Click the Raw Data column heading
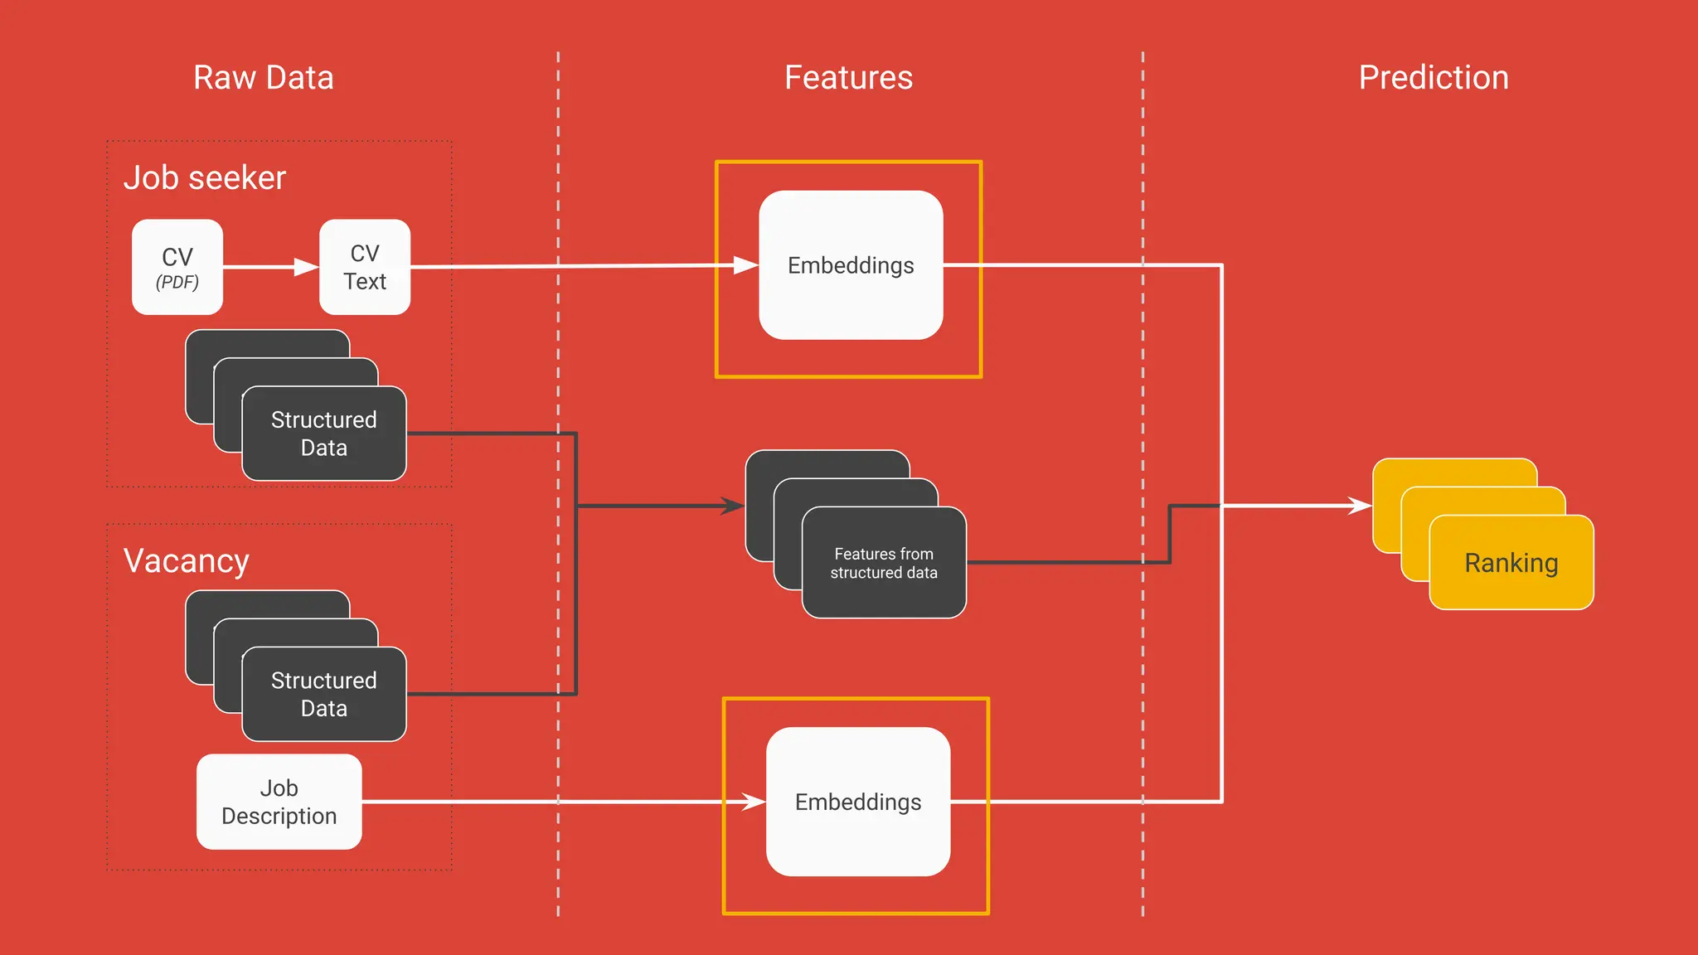point(263,78)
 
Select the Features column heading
point(848,78)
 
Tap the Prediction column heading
point(1433,78)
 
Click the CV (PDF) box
point(177,266)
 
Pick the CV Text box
point(365,266)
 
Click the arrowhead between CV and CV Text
point(307,267)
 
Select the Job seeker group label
point(205,178)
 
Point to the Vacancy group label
point(186,561)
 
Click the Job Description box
point(279,802)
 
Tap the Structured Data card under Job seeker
point(323,434)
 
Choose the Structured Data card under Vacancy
point(323,695)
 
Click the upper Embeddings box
point(851,265)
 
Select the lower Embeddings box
point(857,802)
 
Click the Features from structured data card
point(884,563)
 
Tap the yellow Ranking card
point(1511,563)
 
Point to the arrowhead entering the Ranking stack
point(1361,506)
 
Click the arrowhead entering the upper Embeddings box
point(746,265)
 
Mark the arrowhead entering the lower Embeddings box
point(753,802)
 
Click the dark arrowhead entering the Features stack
point(733,506)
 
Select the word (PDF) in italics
point(177,283)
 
